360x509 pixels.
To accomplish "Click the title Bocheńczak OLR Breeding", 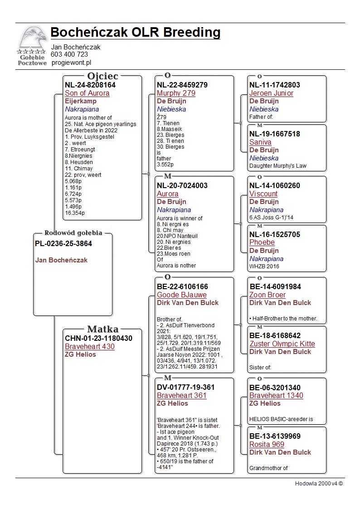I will coord(135,33).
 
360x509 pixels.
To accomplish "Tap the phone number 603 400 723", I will coord(69,54).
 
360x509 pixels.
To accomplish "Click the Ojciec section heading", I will coord(102,76).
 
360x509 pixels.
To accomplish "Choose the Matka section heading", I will coord(102,329).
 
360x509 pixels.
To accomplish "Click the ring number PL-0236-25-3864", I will coord(63,244).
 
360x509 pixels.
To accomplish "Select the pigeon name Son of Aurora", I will coord(87,93).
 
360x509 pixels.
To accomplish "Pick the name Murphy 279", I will coord(176,93).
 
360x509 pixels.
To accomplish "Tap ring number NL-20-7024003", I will coord(182,186).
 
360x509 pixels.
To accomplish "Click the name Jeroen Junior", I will coord(271,93).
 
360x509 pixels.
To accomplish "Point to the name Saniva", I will coord(260,142).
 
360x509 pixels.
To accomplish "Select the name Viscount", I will coord(263,194).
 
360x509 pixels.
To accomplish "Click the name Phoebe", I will coord(262,243).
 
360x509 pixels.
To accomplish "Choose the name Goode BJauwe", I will coord(181,295).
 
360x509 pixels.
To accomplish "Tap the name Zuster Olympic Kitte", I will coord(282,344).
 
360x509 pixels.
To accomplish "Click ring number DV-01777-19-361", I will coord(186,388).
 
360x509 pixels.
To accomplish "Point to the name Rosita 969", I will coord(267,445).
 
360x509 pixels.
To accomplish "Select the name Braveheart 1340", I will coord(276,396).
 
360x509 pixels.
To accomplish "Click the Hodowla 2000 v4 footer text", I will coord(319,484).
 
